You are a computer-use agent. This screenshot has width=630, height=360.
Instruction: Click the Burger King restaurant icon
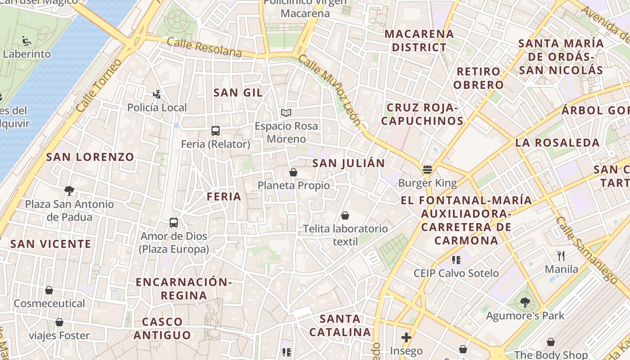[427, 170]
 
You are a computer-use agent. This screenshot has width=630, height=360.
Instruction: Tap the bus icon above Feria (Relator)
[216, 131]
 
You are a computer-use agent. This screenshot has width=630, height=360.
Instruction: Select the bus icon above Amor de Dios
[174, 222]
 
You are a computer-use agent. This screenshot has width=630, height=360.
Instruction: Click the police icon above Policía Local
[157, 94]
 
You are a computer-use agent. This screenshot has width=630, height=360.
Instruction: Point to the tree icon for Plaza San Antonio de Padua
[69, 191]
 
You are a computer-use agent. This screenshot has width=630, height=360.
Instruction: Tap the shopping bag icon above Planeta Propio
[293, 172]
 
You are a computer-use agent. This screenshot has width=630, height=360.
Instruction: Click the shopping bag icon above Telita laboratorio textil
[345, 216]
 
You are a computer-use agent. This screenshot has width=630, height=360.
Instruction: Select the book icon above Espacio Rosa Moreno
[286, 112]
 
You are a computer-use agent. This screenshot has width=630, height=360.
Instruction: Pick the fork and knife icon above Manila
[561, 256]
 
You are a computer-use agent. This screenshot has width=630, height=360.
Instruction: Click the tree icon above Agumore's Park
[525, 302]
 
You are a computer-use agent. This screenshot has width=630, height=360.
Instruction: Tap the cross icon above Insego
[406, 337]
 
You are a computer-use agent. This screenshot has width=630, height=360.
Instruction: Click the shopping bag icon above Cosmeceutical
[49, 290]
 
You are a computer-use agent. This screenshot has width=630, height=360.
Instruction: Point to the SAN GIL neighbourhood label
[238, 93]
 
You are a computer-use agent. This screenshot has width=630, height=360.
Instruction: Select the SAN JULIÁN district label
[349, 163]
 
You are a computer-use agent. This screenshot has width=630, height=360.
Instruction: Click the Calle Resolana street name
[204, 47]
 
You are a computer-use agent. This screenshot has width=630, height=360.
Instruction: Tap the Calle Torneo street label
[99, 86]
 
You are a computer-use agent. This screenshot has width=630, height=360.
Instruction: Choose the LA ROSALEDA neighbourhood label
[558, 143]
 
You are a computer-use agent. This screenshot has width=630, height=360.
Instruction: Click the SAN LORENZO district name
[90, 157]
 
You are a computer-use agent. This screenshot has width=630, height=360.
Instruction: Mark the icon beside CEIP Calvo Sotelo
[456, 260]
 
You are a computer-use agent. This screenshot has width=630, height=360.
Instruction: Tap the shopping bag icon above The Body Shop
[551, 342]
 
